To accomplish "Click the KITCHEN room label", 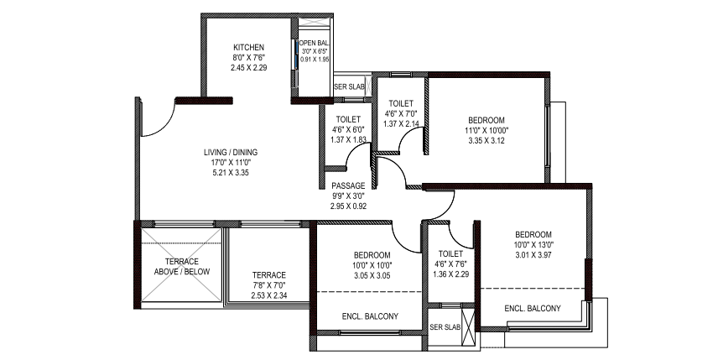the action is (248, 47).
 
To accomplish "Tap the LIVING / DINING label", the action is (231, 152).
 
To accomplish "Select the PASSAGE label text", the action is (348, 185).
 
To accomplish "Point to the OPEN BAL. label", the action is (315, 43).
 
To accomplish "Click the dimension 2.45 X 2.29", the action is (248, 67).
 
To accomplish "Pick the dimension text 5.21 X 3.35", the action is (231, 173).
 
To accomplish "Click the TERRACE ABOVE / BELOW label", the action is (182, 267).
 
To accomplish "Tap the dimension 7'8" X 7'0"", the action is (269, 285).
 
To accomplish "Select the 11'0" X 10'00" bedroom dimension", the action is (486, 131).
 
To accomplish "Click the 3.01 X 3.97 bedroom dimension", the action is (533, 254).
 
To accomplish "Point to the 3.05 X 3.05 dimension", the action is (372, 275).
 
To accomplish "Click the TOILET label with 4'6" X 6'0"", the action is (348, 119).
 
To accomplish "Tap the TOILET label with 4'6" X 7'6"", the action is (450, 253).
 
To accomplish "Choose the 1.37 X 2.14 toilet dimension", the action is (401, 123).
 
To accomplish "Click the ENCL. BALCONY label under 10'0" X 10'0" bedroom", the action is (370, 316).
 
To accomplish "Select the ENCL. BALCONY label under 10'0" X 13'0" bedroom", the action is (533, 308).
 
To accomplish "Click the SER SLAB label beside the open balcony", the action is (350, 86).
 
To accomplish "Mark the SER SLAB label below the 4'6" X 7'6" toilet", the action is (445, 327).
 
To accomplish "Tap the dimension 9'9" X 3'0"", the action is (348, 196).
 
